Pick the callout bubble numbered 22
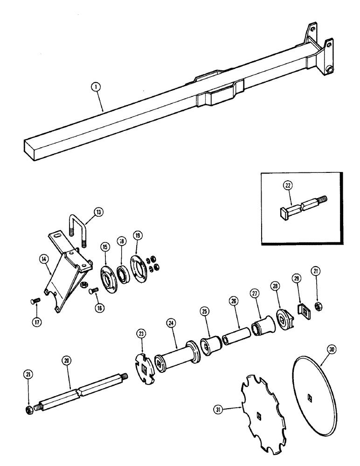(x=287, y=185)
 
